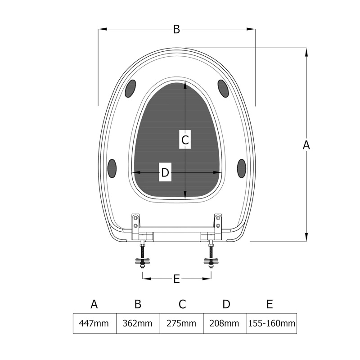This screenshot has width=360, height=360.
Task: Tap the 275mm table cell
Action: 181,323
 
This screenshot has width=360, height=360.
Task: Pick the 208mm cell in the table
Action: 225,323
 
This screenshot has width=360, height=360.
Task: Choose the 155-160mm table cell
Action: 272,323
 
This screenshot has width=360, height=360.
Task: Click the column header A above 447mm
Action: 94,304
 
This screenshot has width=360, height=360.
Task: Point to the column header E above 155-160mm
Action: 270,304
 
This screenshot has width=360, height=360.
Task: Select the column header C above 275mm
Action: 182,304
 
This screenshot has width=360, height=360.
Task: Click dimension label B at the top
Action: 176,29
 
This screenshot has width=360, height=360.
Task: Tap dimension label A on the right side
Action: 306,145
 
